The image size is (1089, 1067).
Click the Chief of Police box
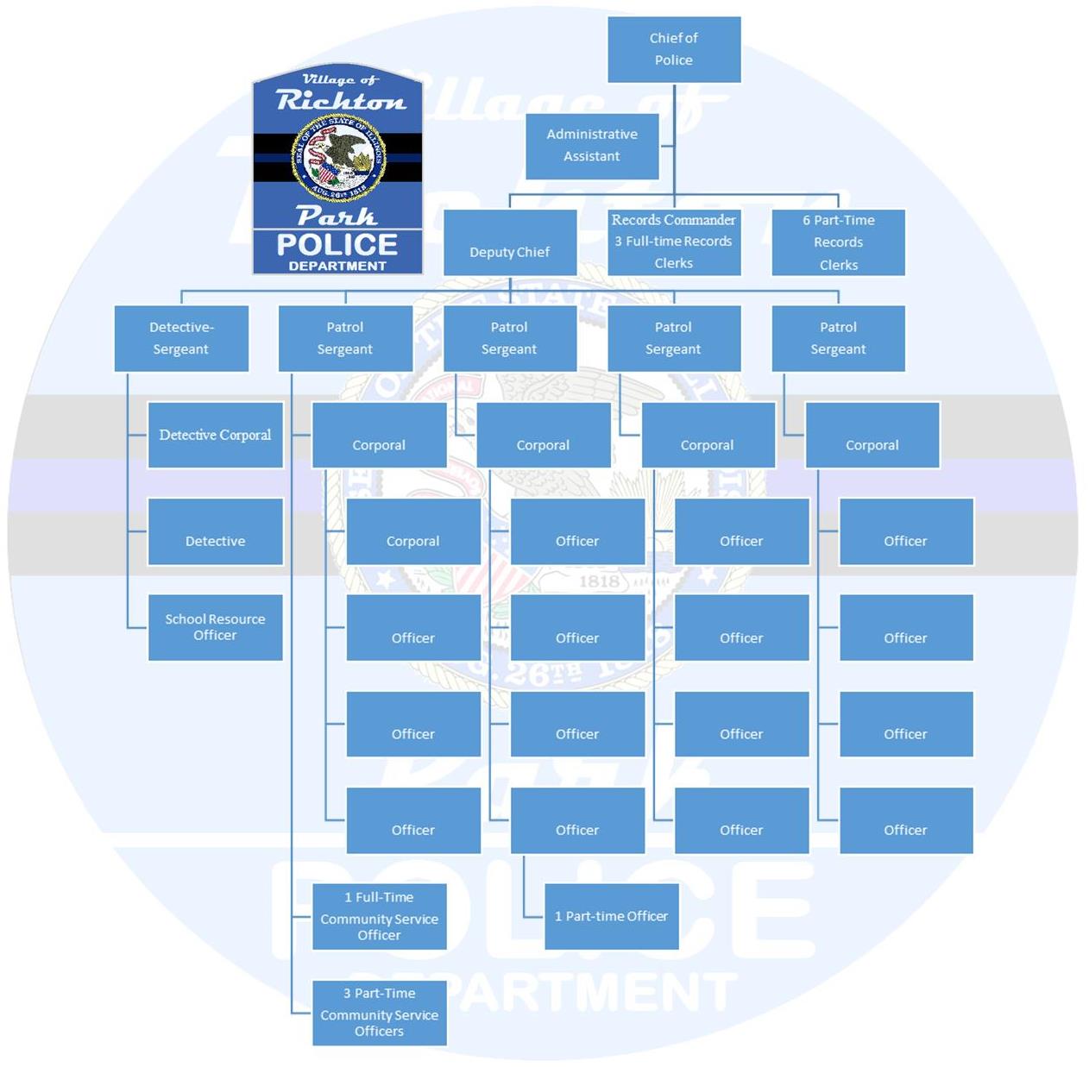tap(673, 49)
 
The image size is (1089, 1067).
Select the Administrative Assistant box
tap(592, 146)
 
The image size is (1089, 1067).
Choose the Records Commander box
tap(673, 242)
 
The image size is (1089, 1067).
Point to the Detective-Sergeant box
tap(181, 338)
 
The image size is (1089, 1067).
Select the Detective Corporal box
tap(215, 435)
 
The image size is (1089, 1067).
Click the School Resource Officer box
tap(215, 627)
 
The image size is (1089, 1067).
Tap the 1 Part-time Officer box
tap(611, 916)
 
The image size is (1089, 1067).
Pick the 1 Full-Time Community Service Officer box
tap(379, 916)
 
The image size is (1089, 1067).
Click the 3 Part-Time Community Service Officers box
tap(379, 1013)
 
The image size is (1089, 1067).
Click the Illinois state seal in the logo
tap(338, 158)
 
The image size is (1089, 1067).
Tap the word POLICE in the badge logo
tap(337, 245)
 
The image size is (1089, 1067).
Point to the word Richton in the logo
tap(341, 101)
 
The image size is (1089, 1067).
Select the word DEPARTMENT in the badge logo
tap(337, 266)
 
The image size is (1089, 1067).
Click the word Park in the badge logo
tap(337, 216)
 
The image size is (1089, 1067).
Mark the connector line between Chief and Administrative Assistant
tap(667, 146)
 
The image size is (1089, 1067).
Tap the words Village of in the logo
tap(340, 79)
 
